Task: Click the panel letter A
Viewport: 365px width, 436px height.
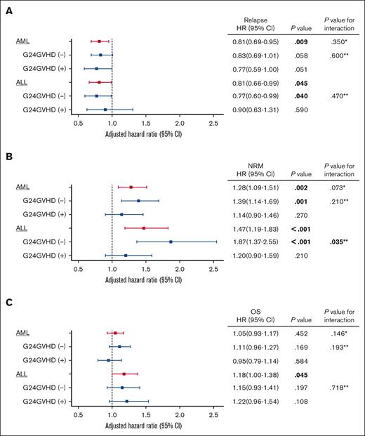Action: coord(6,6)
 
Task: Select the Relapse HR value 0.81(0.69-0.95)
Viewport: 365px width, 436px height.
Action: coord(255,42)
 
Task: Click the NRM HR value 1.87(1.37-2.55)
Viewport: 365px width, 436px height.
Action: coord(255,242)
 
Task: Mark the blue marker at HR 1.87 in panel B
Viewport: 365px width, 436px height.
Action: coord(171,242)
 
